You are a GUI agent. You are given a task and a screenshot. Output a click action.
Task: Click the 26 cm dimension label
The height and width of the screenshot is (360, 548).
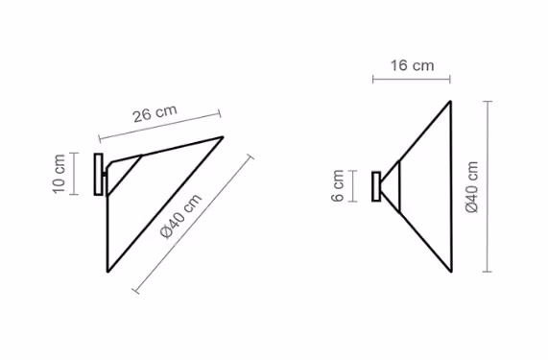[155, 113]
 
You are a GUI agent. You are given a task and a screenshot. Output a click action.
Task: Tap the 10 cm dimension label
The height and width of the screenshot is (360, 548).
[60, 174]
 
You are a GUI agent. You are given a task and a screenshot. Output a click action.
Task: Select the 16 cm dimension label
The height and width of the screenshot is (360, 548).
[412, 65]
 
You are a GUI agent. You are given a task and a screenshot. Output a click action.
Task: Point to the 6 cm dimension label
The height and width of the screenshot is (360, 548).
[338, 185]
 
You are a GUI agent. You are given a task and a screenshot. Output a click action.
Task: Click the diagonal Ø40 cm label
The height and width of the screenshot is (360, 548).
[181, 216]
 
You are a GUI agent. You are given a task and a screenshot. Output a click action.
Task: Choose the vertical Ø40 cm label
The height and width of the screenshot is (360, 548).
[472, 186]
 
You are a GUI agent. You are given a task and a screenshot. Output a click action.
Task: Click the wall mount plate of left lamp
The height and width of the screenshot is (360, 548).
[99, 174]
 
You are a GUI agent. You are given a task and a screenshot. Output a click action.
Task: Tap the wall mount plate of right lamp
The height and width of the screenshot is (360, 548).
[376, 186]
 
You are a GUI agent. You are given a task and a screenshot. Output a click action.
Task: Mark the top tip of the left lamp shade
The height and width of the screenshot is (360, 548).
[223, 137]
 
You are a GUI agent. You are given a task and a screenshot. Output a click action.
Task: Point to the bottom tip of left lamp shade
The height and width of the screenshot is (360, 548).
[108, 271]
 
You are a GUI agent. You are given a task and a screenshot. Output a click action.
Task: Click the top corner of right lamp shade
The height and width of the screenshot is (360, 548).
[450, 102]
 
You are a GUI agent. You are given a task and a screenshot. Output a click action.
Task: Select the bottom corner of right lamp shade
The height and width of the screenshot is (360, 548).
[451, 271]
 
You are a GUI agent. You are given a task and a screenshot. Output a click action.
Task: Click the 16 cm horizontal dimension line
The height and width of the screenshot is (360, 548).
[412, 80]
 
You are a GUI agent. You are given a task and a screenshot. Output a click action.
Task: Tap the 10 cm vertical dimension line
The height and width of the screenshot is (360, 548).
[74, 174]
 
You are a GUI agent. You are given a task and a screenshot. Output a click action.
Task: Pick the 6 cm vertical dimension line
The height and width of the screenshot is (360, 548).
[353, 186]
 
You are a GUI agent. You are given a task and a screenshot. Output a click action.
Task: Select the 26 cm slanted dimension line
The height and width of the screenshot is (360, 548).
[159, 126]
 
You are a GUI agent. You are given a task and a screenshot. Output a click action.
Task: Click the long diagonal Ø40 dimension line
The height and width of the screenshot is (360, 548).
[193, 224]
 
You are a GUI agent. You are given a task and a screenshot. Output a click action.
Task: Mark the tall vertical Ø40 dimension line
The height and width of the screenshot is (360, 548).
[488, 186]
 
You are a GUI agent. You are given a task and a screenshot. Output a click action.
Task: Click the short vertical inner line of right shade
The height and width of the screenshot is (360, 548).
[399, 186]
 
